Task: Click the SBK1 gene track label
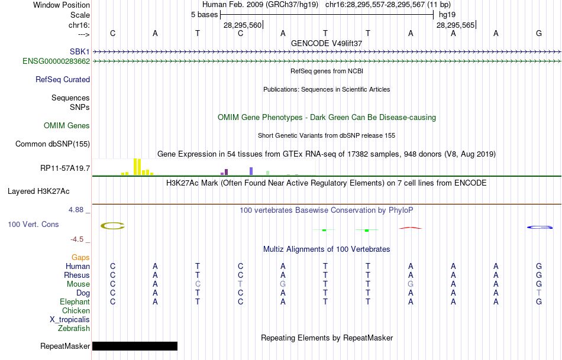pyautogui.click(x=79, y=51)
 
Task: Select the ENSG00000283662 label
pyautogui.click(x=56, y=61)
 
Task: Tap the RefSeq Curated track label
pyautogui.click(x=63, y=79)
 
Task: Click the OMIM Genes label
pyautogui.click(x=67, y=125)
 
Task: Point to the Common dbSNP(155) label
pyautogui.click(x=53, y=144)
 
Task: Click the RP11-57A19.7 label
pyautogui.click(x=65, y=168)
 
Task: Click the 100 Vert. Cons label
pyautogui.click(x=33, y=225)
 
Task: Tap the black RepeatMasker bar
pyautogui.click(x=135, y=346)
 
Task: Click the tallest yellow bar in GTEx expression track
pyautogui.click(x=136, y=167)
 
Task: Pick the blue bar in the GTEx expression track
pyautogui.click(x=251, y=171)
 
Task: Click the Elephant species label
pyautogui.click(x=75, y=301)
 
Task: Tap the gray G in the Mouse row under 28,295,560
pyautogui.click(x=283, y=284)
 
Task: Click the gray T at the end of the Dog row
pyautogui.click(x=538, y=293)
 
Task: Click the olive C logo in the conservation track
pyautogui.click(x=112, y=225)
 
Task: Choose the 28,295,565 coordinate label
pyautogui.click(x=455, y=25)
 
